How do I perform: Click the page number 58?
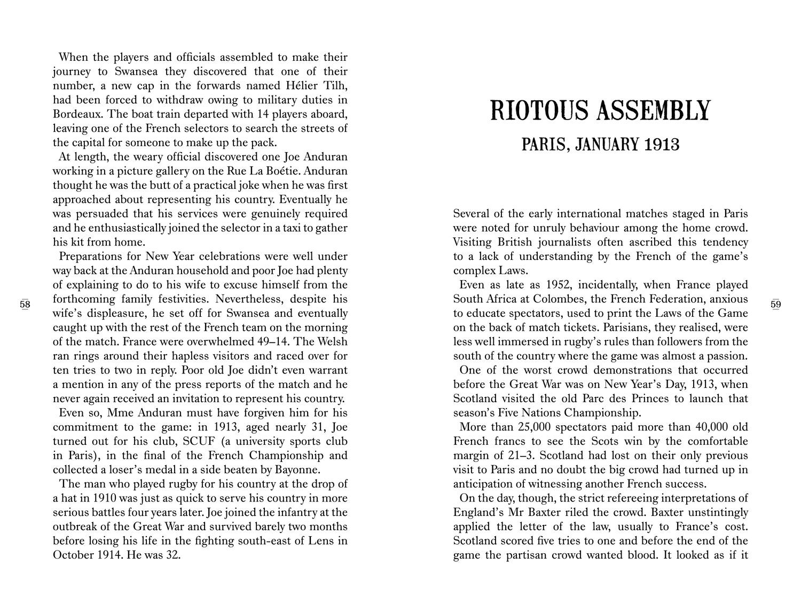pyautogui.click(x=25, y=305)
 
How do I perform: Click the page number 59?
pyautogui.click(x=776, y=305)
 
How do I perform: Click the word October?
pyautogui.click(x=73, y=555)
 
